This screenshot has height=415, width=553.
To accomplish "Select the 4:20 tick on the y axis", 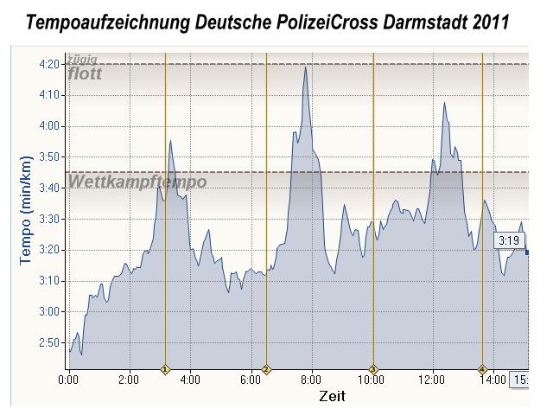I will (x=48, y=64).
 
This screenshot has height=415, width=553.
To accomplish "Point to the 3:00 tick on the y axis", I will (x=48, y=311).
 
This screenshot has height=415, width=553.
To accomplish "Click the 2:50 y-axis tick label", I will (x=48, y=343).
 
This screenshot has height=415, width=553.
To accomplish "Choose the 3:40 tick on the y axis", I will (x=48, y=188).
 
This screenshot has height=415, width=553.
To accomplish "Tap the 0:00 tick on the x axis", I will (x=68, y=379).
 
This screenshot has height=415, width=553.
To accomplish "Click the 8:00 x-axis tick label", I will (x=312, y=379).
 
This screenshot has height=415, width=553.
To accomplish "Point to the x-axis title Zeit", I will (x=332, y=396).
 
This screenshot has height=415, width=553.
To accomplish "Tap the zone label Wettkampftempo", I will (x=137, y=182).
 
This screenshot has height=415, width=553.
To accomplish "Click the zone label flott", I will (x=85, y=73).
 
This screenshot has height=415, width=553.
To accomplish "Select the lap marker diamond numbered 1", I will (x=165, y=369).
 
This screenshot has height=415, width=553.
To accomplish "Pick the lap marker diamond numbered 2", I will (x=266, y=369).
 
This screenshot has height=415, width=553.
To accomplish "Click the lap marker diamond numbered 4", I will (x=482, y=369).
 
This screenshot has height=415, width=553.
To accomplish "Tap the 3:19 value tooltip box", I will (x=507, y=240).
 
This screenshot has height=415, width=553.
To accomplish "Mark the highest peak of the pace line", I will (x=305, y=67).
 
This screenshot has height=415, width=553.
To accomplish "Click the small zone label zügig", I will (x=82, y=60).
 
